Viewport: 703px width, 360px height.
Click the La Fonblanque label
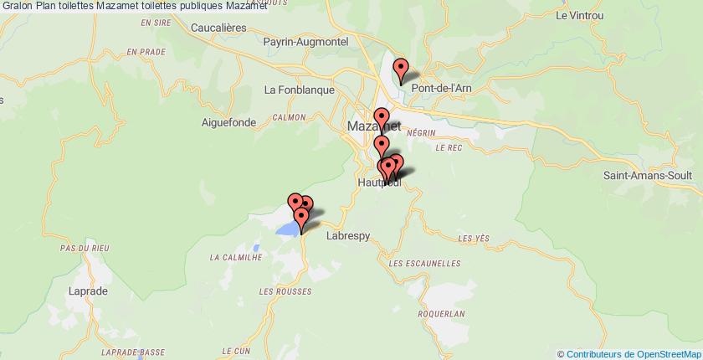coord(299,90)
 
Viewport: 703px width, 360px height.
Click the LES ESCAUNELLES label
coord(425,264)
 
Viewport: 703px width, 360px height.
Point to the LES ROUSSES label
coord(285,291)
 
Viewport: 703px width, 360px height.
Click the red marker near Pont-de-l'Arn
coord(401,69)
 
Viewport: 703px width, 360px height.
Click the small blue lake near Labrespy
coord(288,229)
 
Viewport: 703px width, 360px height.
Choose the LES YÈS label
coord(473,239)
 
